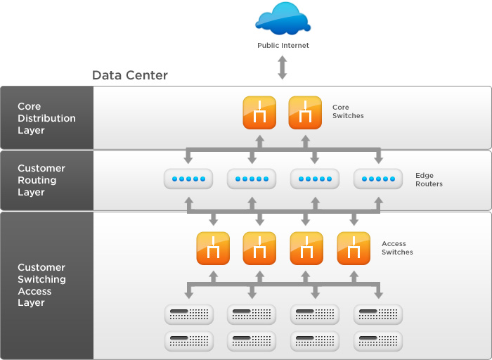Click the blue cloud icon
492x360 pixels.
click(282, 19)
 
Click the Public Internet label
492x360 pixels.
click(282, 46)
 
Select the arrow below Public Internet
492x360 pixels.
click(282, 67)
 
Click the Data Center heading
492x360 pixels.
click(130, 75)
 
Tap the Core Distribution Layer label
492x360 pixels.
click(46, 118)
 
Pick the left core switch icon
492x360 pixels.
click(259, 112)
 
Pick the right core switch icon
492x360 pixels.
click(305, 112)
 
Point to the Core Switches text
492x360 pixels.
click(348, 112)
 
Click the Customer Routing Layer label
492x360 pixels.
click(41, 180)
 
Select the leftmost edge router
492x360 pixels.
click(188, 179)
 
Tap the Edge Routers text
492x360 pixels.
click(429, 179)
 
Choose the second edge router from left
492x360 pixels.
click(251, 179)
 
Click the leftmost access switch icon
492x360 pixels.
click(213, 248)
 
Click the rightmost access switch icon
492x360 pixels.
click(354, 248)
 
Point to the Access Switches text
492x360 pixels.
click(397, 247)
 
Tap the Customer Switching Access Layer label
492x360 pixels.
click(41, 285)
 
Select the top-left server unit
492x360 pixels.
click(188, 313)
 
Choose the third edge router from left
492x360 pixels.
click(314, 179)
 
